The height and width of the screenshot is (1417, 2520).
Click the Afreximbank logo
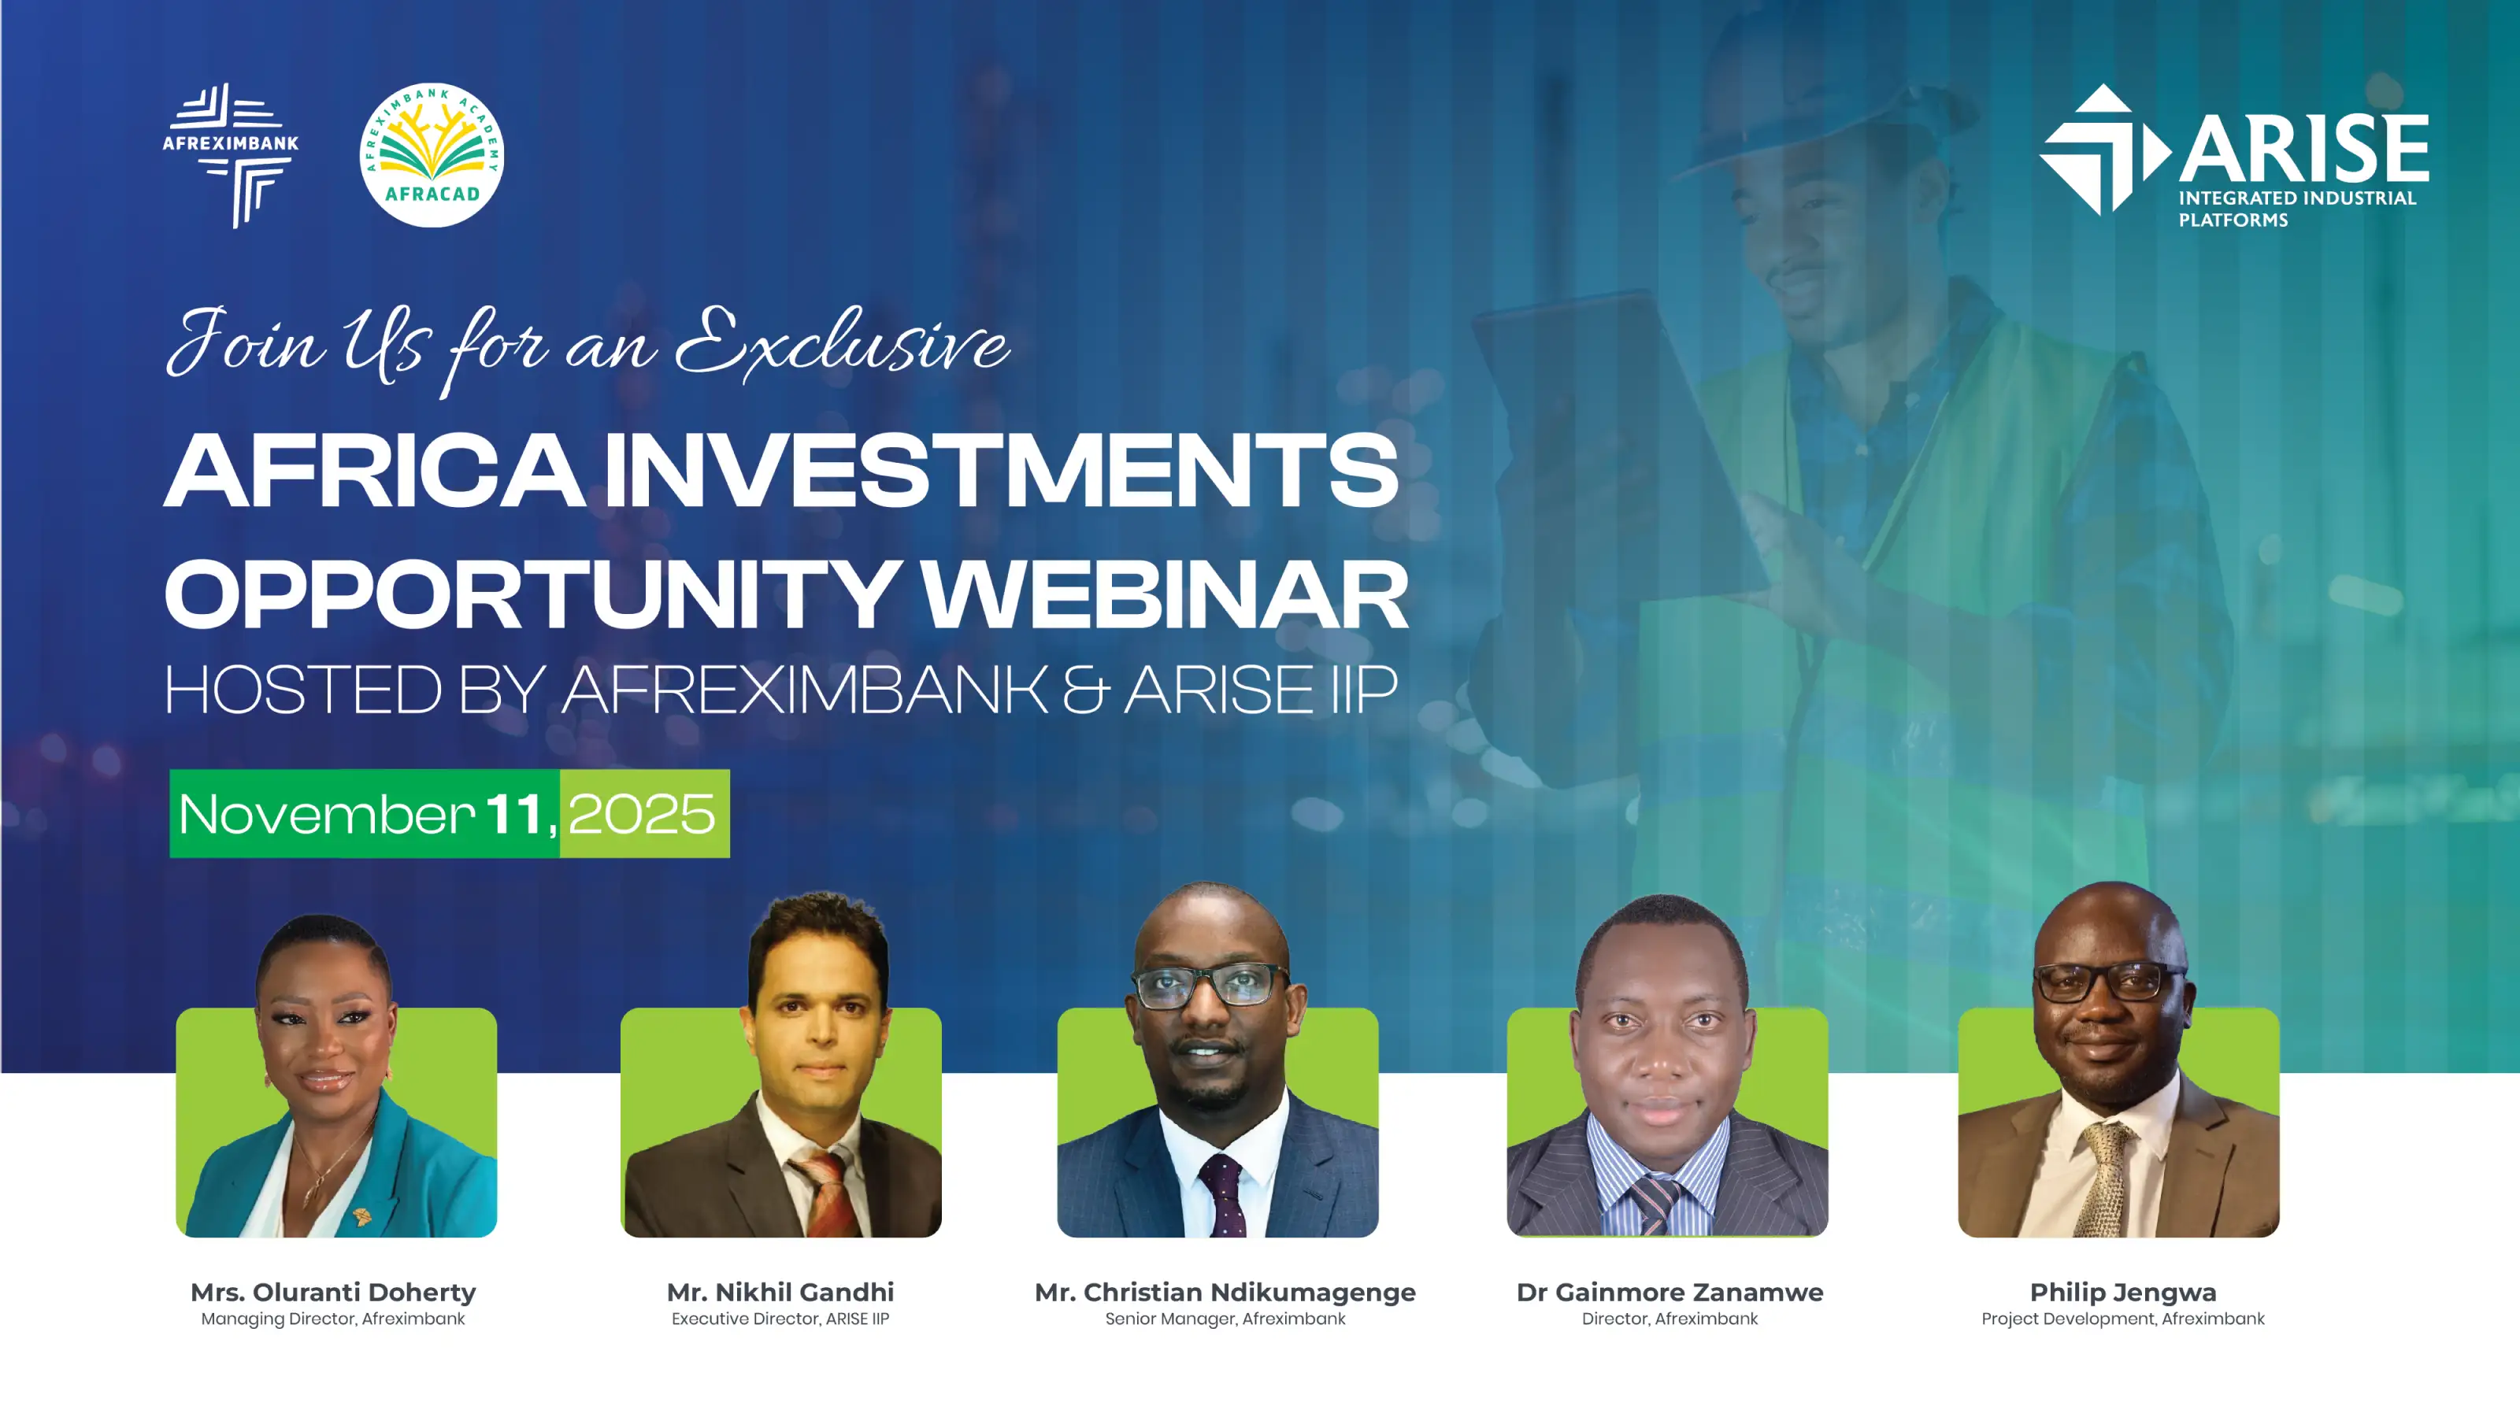click(x=231, y=154)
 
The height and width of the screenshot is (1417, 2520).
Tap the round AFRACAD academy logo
click(x=432, y=154)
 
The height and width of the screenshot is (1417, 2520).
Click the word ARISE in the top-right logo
click(x=2303, y=149)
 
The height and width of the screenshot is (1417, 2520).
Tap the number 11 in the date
click(x=514, y=815)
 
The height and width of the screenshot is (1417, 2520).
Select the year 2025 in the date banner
click(x=642, y=815)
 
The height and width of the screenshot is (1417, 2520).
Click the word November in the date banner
click(x=327, y=815)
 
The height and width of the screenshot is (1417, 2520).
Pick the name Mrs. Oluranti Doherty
click(x=334, y=1292)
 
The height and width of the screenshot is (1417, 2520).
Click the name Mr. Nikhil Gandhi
click(x=780, y=1292)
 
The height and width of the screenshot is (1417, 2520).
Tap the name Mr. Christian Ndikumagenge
click(x=1225, y=1292)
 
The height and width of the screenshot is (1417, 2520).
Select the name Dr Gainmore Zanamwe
click(x=1669, y=1292)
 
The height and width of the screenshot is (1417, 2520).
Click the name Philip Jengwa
click(x=2123, y=1292)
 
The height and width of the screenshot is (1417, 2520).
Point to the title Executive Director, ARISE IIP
click(x=780, y=1319)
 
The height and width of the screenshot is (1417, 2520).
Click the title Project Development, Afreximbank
click(x=2123, y=1319)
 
